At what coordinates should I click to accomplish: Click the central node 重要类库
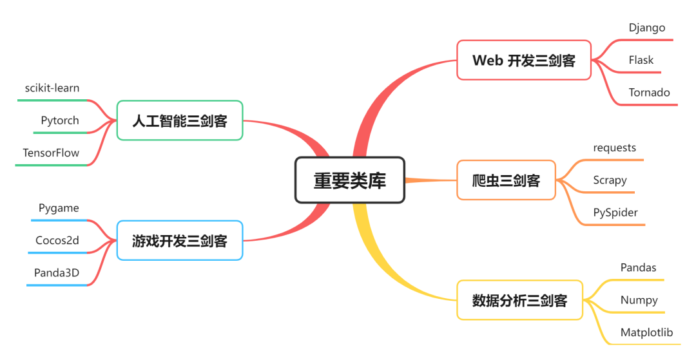(x=350, y=180)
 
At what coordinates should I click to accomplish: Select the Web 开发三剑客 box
(x=523, y=61)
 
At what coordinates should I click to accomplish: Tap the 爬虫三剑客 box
(x=506, y=180)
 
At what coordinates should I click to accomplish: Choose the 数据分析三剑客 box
(x=519, y=300)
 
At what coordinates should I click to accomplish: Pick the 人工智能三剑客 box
(x=180, y=120)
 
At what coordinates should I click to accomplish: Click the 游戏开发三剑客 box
(x=180, y=241)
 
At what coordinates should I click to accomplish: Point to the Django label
(x=647, y=28)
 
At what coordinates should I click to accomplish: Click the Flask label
(x=641, y=60)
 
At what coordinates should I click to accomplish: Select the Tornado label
(x=650, y=92)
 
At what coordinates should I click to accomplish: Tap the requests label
(x=615, y=147)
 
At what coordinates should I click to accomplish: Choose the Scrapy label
(x=610, y=180)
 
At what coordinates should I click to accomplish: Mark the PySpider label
(x=615, y=212)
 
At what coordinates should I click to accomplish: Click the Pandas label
(x=638, y=267)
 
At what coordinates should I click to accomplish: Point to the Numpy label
(x=639, y=299)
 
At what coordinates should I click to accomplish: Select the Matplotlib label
(x=646, y=332)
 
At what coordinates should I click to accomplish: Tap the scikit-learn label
(x=52, y=88)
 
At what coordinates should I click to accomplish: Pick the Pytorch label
(x=60, y=120)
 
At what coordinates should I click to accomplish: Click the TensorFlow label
(x=51, y=153)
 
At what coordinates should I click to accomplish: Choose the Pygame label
(x=59, y=208)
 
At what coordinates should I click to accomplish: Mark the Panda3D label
(x=57, y=272)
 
